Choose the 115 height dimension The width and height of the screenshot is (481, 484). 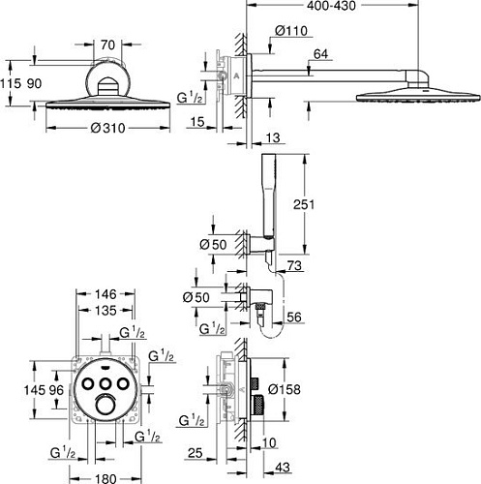click(12, 84)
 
